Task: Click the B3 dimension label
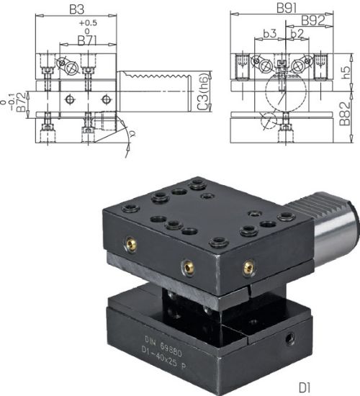pyautogui.click(x=77, y=11)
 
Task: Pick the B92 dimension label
pyautogui.click(x=311, y=20)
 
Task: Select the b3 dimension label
pyautogui.click(x=271, y=34)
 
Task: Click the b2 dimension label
pyautogui.click(x=296, y=34)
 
